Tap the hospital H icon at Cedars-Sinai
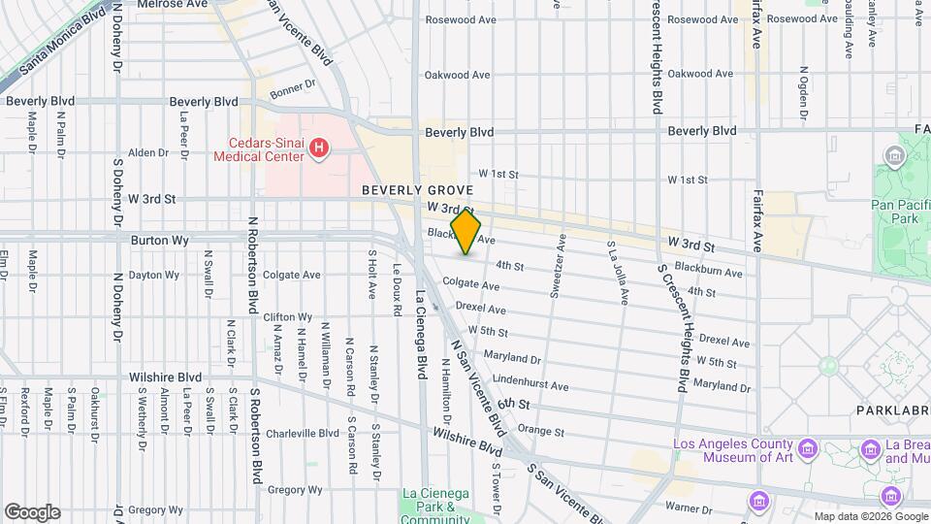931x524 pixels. [x=319, y=147]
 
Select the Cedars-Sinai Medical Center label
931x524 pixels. [x=258, y=148]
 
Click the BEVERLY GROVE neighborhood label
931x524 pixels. [x=417, y=191]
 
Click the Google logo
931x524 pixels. [x=31, y=511]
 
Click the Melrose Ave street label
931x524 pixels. [x=172, y=5]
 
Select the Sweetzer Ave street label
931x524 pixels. [x=559, y=264]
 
